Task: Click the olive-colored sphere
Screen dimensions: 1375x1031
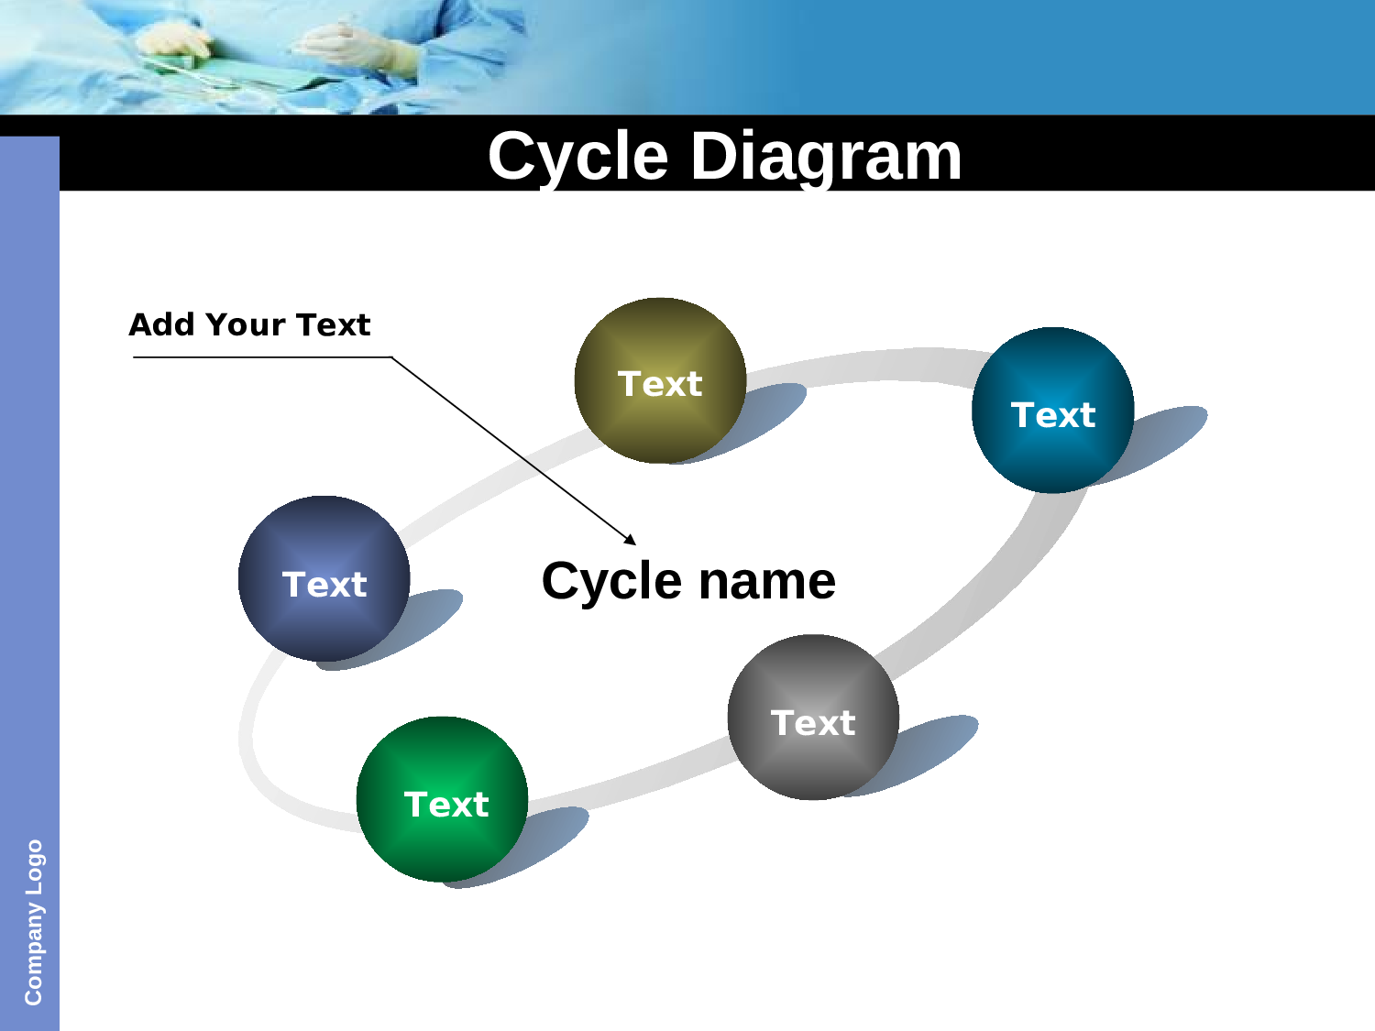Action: pyautogui.click(x=660, y=380)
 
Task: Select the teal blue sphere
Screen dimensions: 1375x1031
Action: pyautogui.click(x=1053, y=410)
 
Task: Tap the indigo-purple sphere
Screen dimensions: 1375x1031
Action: pyautogui.click(x=324, y=578)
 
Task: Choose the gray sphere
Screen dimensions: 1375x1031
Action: pyautogui.click(x=813, y=717)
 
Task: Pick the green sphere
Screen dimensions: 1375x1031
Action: pyautogui.click(x=442, y=799)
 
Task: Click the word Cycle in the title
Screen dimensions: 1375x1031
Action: pyautogui.click(x=577, y=157)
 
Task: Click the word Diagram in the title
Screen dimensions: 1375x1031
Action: pyautogui.click(x=826, y=157)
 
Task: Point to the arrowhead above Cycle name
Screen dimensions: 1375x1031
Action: pyautogui.click(x=630, y=540)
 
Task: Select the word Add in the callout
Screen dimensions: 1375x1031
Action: pyautogui.click(x=161, y=324)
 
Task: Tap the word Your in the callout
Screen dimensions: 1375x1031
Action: pyautogui.click(x=246, y=324)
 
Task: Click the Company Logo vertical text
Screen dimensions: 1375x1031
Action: pyautogui.click(x=33, y=922)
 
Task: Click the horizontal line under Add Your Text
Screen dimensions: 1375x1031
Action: pyautogui.click(x=262, y=357)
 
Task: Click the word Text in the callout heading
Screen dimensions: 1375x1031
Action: pyautogui.click(x=334, y=324)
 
